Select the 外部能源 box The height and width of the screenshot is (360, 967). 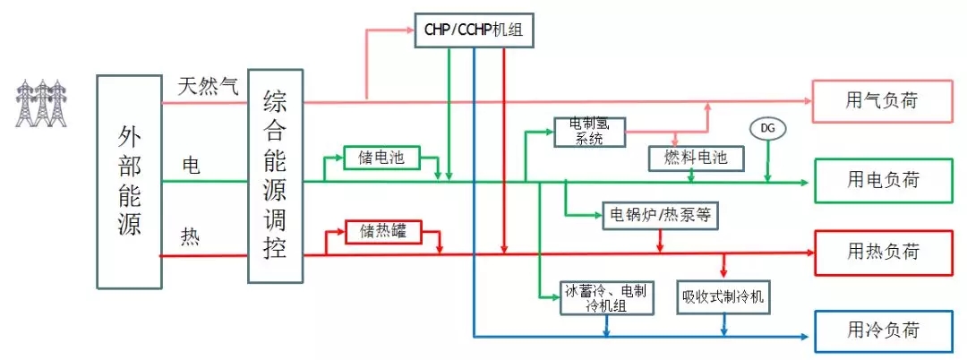click(x=129, y=182)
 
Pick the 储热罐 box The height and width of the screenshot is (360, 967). click(x=382, y=232)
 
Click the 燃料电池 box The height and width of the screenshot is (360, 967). click(x=696, y=159)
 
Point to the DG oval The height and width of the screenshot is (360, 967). click(x=767, y=129)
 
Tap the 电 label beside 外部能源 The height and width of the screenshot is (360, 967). click(x=191, y=166)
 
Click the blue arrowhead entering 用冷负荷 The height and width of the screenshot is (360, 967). click(x=808, y=337)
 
